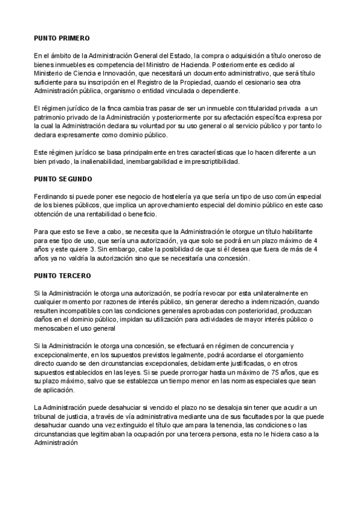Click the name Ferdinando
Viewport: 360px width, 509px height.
51,197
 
